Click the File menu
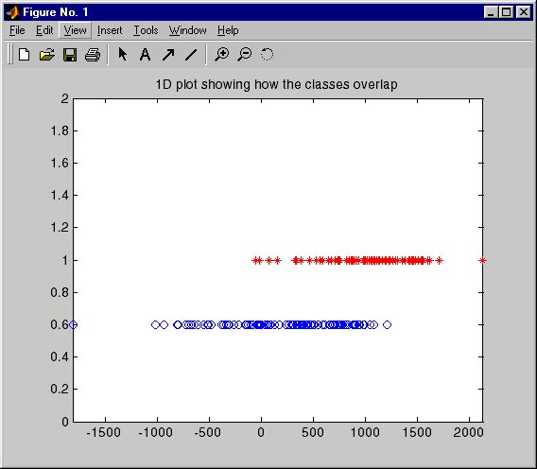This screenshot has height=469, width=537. [x=17, y=30]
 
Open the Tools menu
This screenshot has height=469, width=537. [x=146, y=30]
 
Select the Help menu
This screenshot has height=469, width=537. [x=228, y=30]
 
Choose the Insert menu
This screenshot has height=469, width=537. [x=110, y=30]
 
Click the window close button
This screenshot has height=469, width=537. [x=524, y=12]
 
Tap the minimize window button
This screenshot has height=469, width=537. [x=491, y=12]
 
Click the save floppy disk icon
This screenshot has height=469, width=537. [x=70, y=55]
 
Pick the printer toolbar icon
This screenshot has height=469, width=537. [x=93, y=55]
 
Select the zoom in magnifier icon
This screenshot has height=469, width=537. [x=221, y=55]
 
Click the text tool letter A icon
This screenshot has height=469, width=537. [x=146, y=55]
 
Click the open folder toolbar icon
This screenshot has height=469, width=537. [x=47, y=55]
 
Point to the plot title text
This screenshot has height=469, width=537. [x=276, y=84]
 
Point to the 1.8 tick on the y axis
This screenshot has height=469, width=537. [x=60, y=130]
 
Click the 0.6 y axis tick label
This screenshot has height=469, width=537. [x=60, y=324]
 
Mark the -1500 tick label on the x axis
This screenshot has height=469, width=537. [x=103, y=432]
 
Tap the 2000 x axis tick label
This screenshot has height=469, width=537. [x=468, y=432]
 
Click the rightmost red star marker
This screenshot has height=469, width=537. [x=482, y=261]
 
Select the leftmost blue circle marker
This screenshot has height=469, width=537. [x=74, y=324]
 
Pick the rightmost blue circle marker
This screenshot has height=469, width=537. [x=387, y=324]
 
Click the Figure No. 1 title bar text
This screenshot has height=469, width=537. [x=56, y=12]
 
